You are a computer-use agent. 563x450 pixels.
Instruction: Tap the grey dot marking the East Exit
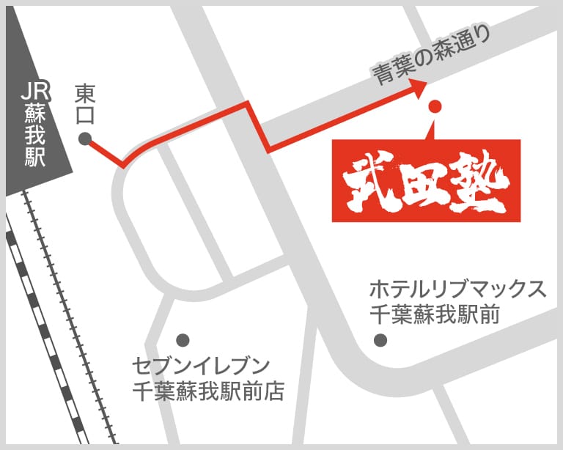tap(85, 138)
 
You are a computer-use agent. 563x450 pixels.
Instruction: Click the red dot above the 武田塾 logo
tap(435, 106)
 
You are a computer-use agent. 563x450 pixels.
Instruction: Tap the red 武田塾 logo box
tap(426, 180)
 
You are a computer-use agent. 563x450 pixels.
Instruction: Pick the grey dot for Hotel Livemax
tap(380, 340)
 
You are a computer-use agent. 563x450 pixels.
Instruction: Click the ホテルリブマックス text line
tap(457, 289)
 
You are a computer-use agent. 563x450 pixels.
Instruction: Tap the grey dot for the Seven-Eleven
tap(183, 340)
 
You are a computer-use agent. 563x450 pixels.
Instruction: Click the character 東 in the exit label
tap(86, 92)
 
